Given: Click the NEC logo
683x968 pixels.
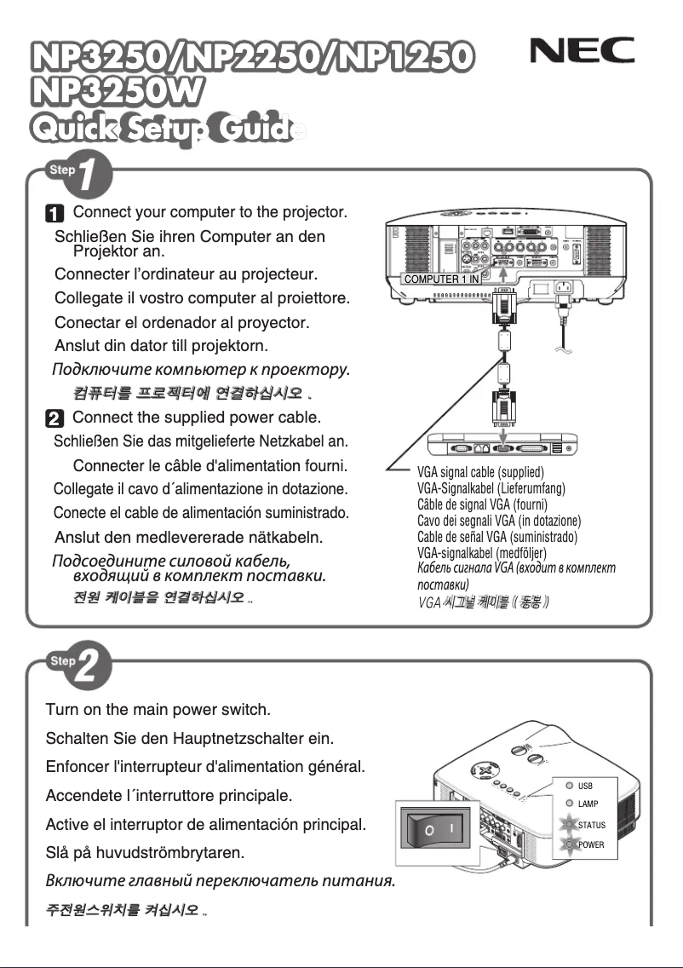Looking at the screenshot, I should click(x=583, y=53).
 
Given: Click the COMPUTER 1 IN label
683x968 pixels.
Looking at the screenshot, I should click(x=440, y=279).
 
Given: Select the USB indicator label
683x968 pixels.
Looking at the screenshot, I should click(x=585, y=786).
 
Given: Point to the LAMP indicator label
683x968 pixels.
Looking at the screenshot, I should click(x=588, y=804).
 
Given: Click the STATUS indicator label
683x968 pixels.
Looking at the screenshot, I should click(x=591, y=825).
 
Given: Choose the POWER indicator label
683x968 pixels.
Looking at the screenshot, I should click(x=591, y=844).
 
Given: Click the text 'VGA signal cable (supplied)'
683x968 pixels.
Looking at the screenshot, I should click(x=480, y=472).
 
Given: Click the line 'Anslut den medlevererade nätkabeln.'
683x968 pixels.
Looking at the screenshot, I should click(x=187, y=538).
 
